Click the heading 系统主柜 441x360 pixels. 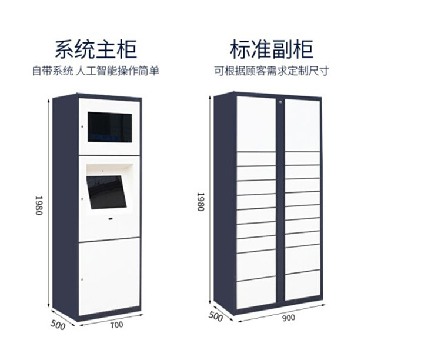(x=95, y=49)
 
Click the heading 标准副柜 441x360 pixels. (x=272, y=49)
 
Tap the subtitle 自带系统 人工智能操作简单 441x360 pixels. (x=95, y=71)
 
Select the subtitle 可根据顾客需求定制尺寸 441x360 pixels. (x=272, y=71)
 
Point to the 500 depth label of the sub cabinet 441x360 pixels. (x=216, y=316)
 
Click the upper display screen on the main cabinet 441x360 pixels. (x=110, y=126)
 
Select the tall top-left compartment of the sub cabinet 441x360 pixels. (x=255, y=124)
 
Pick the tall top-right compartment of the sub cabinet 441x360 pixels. (x=302, y=124)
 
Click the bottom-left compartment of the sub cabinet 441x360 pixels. (x=255, y=292)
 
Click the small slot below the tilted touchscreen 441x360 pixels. (x=109, y=218)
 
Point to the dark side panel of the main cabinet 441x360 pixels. (x=65, y=206)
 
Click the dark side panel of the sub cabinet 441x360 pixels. (x=223, y=200)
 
